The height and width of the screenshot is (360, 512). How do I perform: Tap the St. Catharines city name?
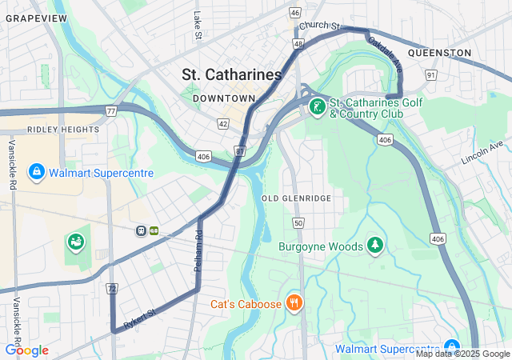[232, 74]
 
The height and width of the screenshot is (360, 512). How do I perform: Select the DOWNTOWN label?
[230, 98]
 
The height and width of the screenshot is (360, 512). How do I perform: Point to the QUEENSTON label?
[439, 53]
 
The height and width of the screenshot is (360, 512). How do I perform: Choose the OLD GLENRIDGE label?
[296, 198]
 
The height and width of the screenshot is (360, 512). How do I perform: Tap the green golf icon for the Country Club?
[318, 107]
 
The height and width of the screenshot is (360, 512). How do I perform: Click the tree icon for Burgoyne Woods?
[374, 244]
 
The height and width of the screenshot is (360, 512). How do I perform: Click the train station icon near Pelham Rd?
[141, 230]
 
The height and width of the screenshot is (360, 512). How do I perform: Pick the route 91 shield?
[430, 75]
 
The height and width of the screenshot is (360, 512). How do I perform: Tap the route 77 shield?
[110, 110]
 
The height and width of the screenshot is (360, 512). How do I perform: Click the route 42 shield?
[222, 124]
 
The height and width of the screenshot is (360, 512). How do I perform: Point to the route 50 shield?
[298, 222]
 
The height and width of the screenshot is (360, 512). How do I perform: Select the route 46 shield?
[295, 13]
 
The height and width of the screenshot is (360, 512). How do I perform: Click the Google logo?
[26, 350]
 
